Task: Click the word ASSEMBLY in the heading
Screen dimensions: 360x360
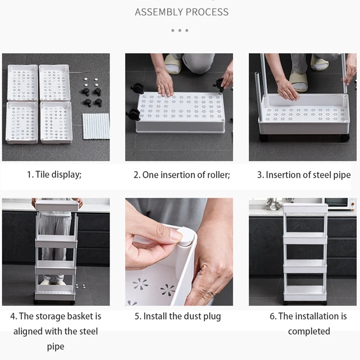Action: (159, 12)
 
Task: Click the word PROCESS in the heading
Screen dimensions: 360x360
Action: (207, 12)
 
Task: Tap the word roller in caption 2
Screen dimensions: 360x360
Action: (219, 175)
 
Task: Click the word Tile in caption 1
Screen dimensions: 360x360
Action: (42, 175)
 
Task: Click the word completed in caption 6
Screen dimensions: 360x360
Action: (309, 332)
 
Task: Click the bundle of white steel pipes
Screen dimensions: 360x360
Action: (96, 126)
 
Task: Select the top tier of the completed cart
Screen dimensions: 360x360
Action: (305, 208)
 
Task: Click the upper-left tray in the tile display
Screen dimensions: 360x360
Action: (22, 83)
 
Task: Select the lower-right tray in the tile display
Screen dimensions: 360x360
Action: (56, 122)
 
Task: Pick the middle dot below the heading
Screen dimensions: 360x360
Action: (180, 30)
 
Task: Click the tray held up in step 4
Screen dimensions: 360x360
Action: (58, 206)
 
